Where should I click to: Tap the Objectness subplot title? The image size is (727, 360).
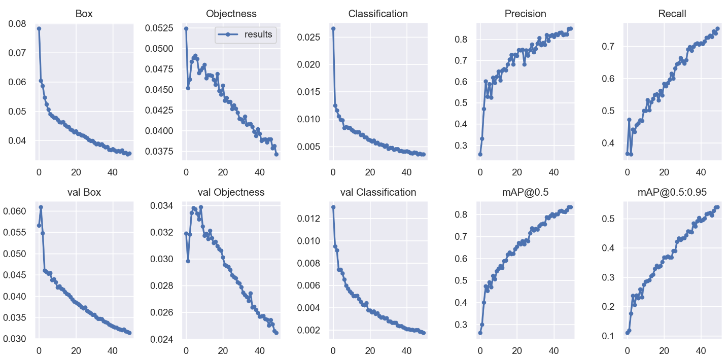click(231, 14)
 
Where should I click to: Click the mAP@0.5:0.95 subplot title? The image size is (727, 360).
click(672, 192)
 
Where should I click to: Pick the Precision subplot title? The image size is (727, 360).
click(525, 14)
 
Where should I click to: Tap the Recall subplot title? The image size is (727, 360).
click(672, 14)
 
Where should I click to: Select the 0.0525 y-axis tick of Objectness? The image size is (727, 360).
click(160, 28)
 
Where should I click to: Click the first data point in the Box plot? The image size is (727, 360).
click(39, 28)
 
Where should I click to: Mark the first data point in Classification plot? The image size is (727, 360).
click(333, 28)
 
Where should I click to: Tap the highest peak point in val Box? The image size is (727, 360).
click(41, 207)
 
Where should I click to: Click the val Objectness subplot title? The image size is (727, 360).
click(231, 192)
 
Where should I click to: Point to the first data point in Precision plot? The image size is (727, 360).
click(480, 154)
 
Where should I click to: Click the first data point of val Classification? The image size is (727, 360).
click(333, 207)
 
